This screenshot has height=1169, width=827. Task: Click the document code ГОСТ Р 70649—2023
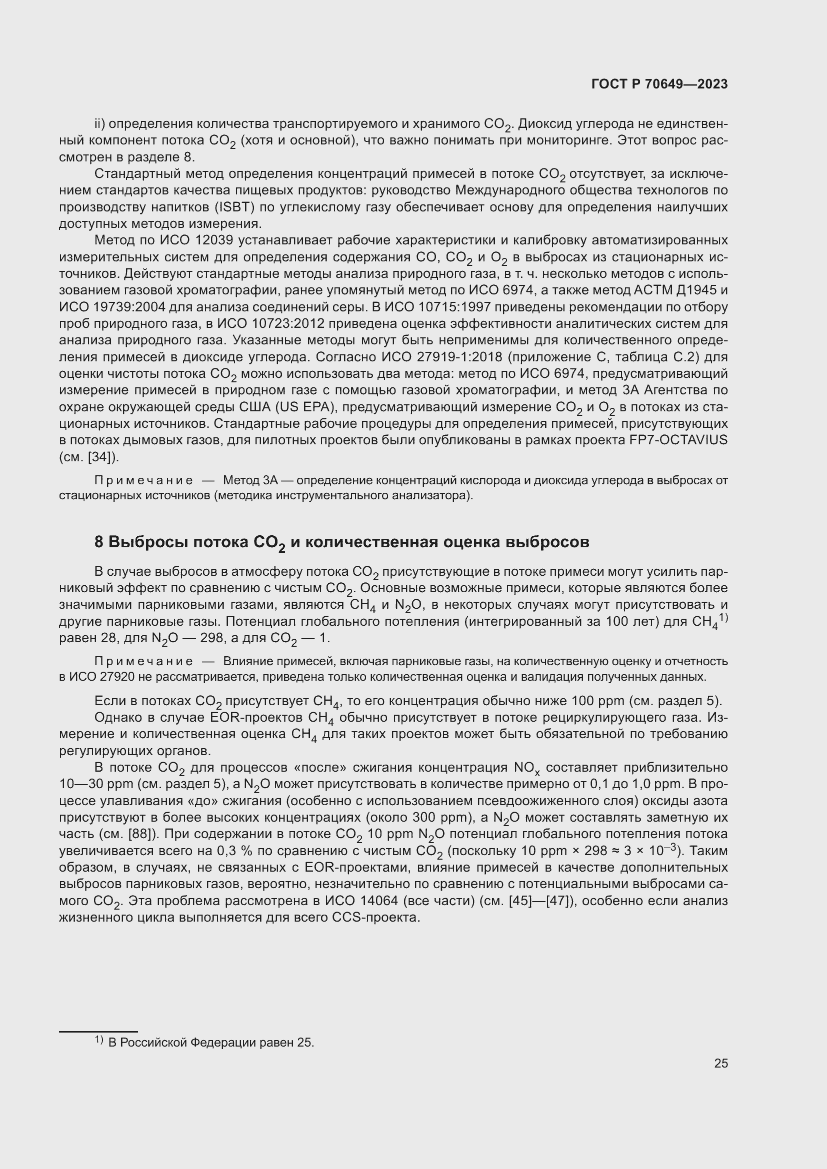coord(659,84)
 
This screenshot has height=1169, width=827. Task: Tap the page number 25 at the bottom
coord(720,1063)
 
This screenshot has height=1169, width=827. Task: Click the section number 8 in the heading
coord(99,542)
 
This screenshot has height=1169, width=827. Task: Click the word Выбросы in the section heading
coord(143,542)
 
